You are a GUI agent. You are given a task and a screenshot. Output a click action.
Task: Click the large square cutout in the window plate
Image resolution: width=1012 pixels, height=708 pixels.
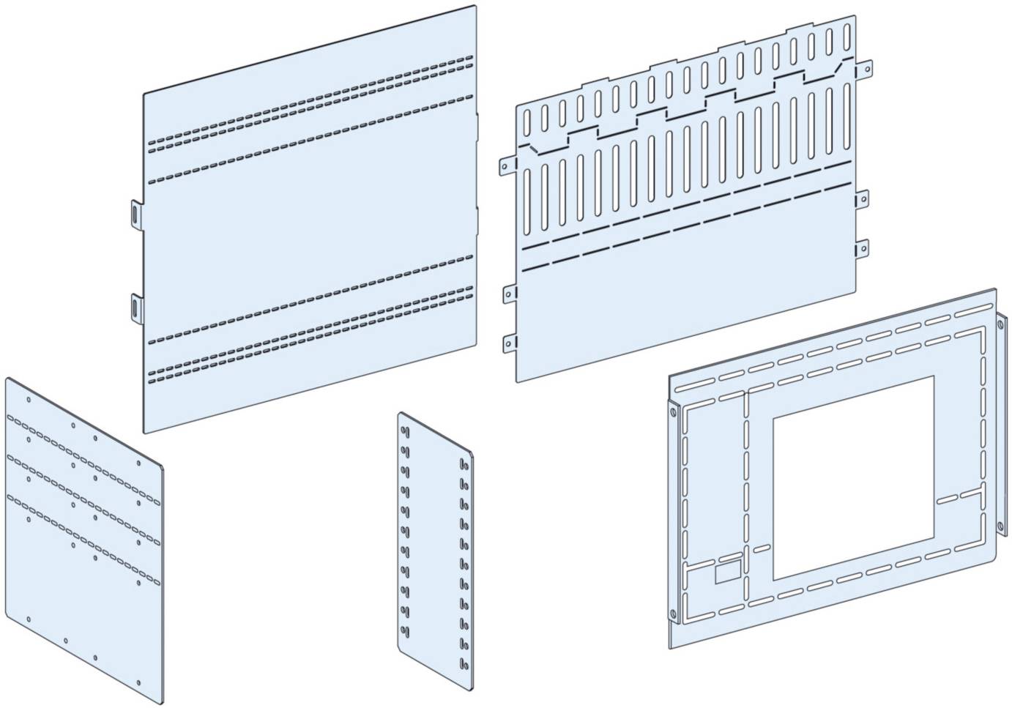(852, 477)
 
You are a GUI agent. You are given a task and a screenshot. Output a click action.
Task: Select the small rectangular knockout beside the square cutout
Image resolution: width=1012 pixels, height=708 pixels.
(727, 572)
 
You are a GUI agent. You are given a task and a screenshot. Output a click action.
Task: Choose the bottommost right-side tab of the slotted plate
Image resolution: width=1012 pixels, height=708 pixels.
(862, 249)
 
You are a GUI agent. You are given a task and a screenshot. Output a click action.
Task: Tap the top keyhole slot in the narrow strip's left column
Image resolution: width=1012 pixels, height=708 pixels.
(403, 432)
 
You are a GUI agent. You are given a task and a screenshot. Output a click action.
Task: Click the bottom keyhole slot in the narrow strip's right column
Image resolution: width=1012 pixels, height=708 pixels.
(463, 663)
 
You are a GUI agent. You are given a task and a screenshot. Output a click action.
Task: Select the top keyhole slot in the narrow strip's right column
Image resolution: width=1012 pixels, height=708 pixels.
(463, 463)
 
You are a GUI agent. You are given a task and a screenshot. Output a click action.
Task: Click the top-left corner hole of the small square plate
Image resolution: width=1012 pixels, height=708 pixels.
(28, 400)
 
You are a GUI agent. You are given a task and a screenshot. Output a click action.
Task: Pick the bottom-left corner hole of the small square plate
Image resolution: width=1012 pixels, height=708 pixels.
(29, 619)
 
